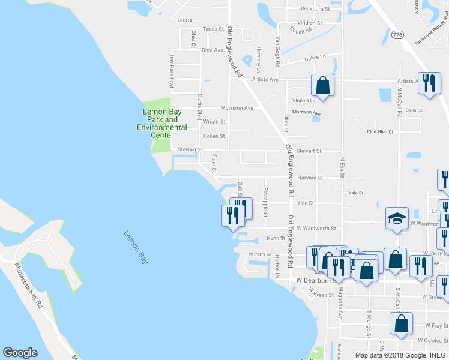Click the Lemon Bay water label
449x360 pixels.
click(136, 247)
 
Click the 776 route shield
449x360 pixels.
click(397, 36)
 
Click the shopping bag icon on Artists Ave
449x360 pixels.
click(322, 85)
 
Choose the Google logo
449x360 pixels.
click(20, 353)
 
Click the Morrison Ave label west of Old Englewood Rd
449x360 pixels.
click(237, 108)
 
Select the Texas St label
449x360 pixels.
click(213, 29)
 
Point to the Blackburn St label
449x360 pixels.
click(315, 9)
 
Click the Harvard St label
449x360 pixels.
click(310, 178)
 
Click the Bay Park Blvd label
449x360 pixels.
click(171, 71)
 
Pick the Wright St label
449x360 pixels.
click(214, 121)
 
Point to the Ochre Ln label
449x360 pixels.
click(315, 57)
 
